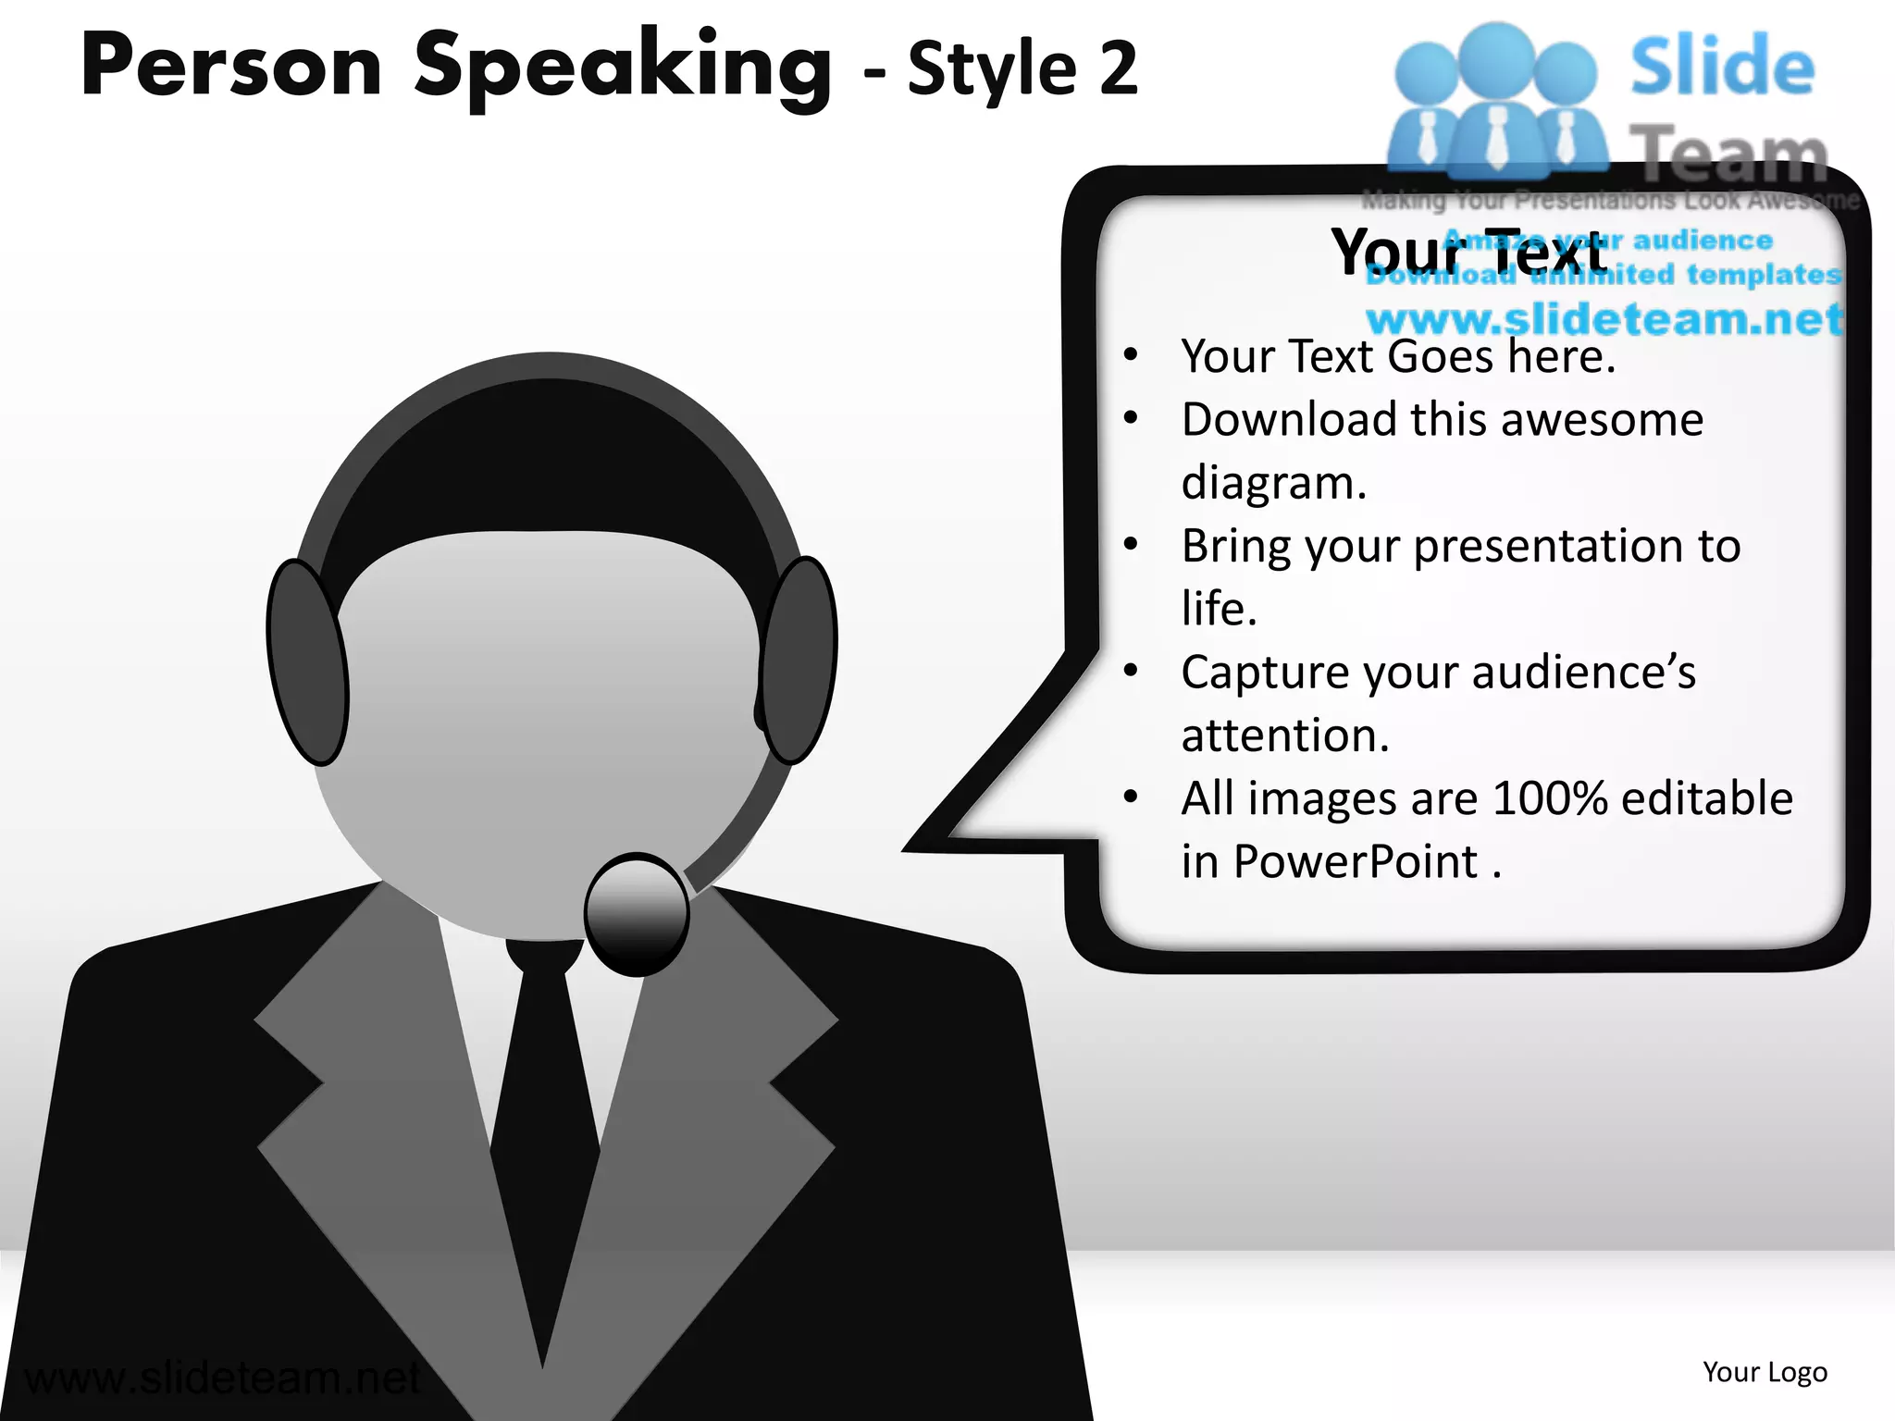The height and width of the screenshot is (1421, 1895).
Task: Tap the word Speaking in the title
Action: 623,67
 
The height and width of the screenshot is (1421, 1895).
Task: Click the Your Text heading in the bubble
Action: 1468,252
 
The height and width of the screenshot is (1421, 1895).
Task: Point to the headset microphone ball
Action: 637,913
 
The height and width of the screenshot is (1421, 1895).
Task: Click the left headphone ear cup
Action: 307,662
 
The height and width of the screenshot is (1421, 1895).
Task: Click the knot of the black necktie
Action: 544,958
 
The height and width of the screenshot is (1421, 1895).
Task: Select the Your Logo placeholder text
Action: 1765,1372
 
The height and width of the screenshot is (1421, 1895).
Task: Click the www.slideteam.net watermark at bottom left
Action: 222,1378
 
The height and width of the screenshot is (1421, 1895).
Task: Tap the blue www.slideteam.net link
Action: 1604,319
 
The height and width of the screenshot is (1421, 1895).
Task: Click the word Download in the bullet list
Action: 1289,419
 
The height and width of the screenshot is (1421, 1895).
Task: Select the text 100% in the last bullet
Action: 1550,797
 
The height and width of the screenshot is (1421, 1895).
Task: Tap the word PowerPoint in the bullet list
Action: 1356,861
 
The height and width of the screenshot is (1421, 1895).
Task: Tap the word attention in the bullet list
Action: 1284,735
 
